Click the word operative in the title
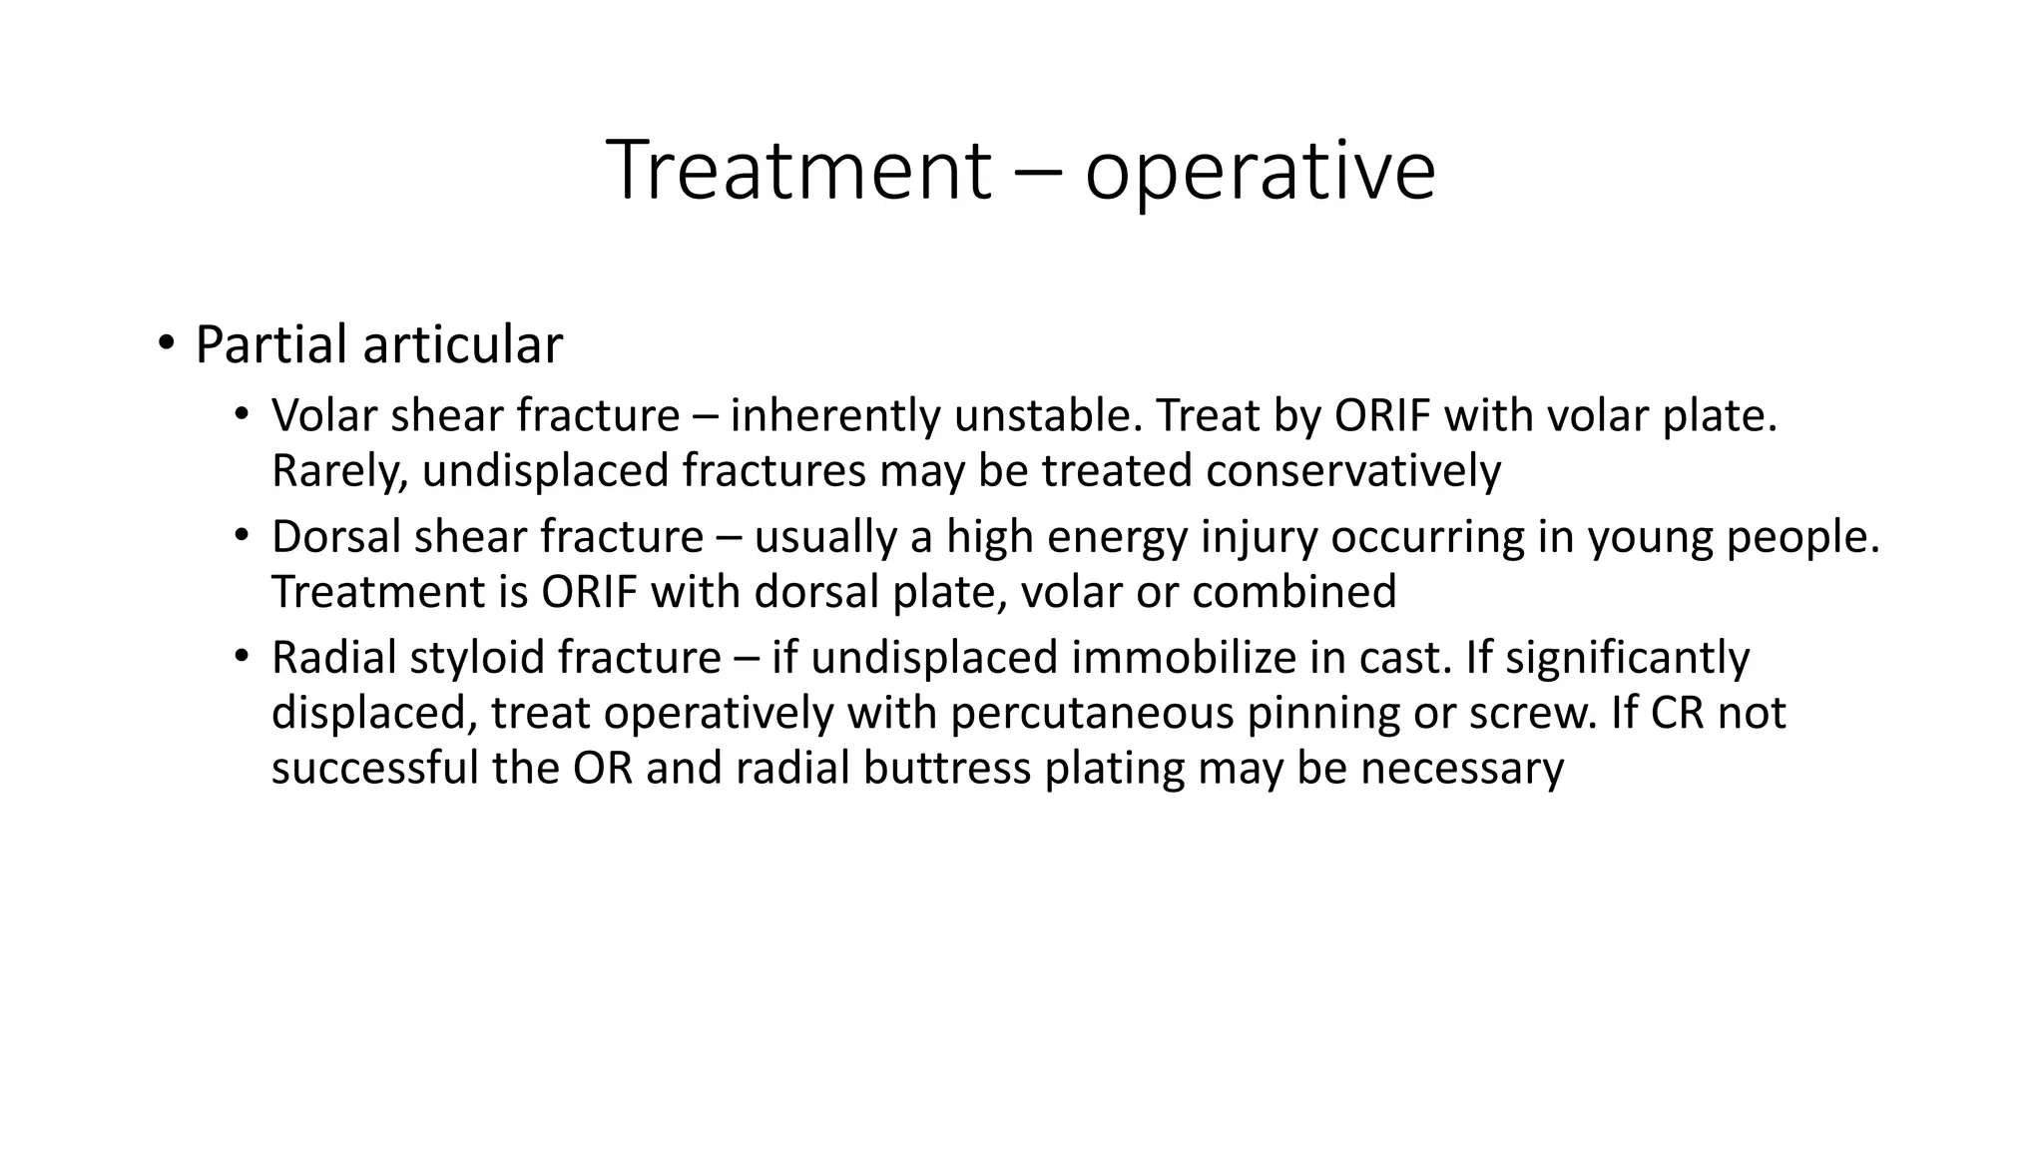(x=1260, y=172)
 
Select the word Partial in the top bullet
(x=271, y=345)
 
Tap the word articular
(x=463, y=345)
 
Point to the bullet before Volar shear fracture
(x=241, y=415)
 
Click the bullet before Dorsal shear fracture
(x=241, y=537)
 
